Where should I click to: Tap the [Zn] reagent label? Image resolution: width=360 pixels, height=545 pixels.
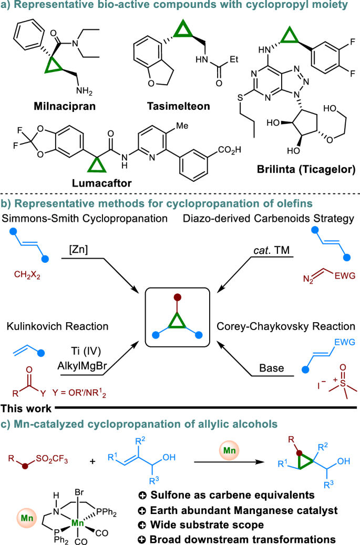85,240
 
